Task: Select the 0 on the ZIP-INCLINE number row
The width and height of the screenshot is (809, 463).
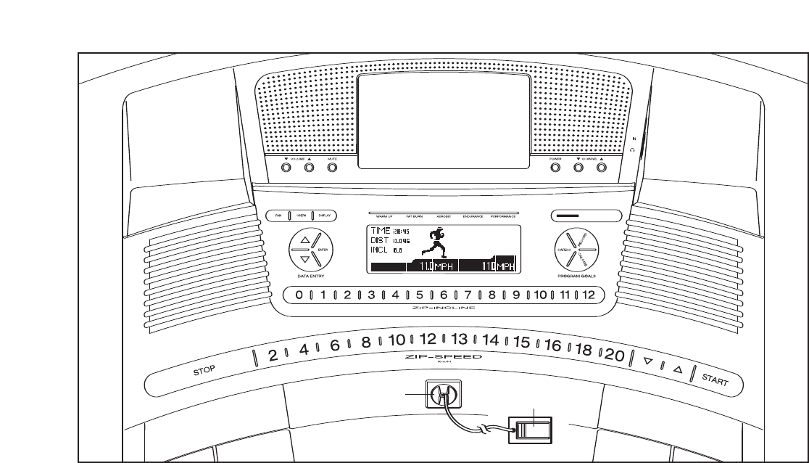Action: pos(298,295)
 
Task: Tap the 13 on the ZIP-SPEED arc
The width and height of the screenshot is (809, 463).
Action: pos(459,339)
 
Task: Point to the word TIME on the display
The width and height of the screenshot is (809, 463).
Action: pos(381,231)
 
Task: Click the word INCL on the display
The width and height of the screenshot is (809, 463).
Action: pos(380,250)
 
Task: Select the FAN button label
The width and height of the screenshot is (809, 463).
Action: pos(277,215)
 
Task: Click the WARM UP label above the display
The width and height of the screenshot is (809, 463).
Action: pos(384,217)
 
